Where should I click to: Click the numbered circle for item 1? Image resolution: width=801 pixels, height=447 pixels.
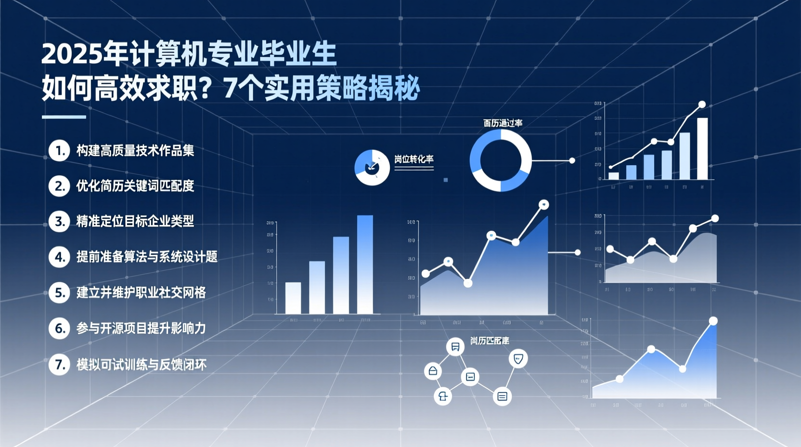coord(59,151)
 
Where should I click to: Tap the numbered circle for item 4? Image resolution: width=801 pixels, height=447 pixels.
coord(59,257)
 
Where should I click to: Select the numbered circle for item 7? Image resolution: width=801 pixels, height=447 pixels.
coord(59,364)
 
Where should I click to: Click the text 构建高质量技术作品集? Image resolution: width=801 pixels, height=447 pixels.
coord(135,151)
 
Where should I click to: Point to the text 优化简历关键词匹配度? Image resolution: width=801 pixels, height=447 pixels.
coord(135,186)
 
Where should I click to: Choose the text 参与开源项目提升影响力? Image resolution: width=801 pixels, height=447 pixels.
coord(141,329)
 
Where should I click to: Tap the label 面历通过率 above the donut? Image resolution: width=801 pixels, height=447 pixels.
coord(503,123)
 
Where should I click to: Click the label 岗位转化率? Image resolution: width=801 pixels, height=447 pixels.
coord(414,159)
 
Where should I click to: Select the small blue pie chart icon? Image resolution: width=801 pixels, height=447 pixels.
coord(372,168)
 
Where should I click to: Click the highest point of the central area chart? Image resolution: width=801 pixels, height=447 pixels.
coord(544,205)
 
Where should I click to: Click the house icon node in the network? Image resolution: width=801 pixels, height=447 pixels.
coord(433,371)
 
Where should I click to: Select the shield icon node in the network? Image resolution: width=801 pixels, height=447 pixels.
coord(518,358)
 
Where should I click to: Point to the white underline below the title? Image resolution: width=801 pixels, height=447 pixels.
coord(64,117)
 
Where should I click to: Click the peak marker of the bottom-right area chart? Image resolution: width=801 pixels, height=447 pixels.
coord(713,321)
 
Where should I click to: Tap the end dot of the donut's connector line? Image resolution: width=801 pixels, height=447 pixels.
coord(572,160)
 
